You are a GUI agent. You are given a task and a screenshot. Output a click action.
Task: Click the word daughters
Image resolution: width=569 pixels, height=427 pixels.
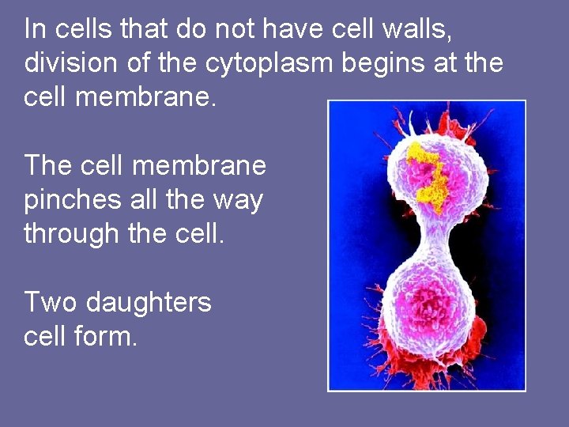(149, 302)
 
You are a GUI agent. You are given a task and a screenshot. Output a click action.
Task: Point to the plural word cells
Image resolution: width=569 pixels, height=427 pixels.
(82, 29)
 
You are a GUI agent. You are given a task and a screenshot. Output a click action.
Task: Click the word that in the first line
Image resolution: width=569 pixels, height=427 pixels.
(146, 29)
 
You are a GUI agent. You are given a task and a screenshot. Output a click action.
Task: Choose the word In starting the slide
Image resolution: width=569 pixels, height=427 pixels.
(35, 29)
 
